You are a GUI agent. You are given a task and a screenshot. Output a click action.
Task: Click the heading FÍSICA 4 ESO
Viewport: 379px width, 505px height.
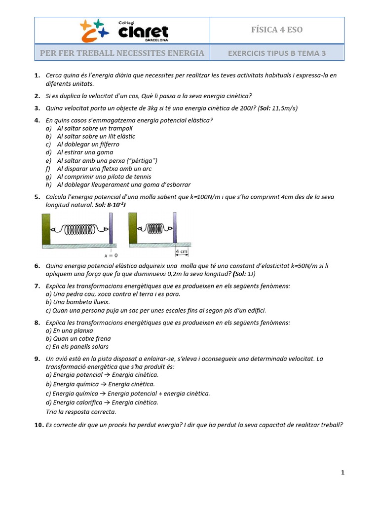[x=277, y=30]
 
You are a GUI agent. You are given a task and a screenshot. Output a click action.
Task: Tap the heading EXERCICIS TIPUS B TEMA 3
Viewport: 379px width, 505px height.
[x=277, y=53]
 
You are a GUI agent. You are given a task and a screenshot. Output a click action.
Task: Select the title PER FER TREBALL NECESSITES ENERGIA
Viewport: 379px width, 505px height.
[x=122, y=53]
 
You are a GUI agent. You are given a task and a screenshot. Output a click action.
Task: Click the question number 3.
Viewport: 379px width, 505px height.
[x=37, y=108]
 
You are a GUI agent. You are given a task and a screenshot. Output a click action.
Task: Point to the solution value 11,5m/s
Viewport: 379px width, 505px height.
[x=286, y=108]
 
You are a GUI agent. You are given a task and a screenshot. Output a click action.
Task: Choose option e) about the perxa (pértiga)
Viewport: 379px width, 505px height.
[x=107, y=161]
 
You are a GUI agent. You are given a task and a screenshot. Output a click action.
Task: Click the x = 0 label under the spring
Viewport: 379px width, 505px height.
[x=111, y=255]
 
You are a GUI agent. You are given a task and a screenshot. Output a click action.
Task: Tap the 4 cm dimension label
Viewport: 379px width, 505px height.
[x=181, y=252]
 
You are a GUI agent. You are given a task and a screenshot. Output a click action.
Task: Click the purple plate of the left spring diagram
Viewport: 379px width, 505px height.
[x=111, y=228]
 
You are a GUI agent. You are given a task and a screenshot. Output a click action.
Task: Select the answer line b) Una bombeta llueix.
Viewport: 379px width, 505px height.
[x=77, y=302]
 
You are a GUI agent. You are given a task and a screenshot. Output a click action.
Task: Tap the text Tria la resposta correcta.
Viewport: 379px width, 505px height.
[x=81, y=412]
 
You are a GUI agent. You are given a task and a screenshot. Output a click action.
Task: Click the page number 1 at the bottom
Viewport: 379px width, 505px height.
[x=342, y=473]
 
